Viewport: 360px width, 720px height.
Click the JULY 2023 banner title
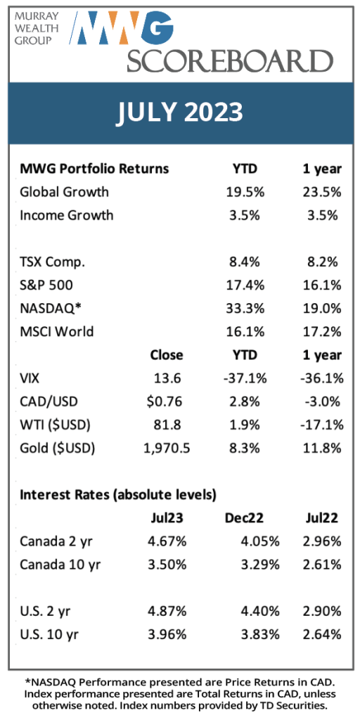[x=179, y=112]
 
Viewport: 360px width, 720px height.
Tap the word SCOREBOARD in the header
[x=231, y=60]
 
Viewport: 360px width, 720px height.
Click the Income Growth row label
[x=67, y=215]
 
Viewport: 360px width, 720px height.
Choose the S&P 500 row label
[x=46, y=285]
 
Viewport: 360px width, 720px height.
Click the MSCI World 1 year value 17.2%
[x=322, y=331]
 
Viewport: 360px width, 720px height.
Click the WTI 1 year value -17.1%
[x=321, y=424]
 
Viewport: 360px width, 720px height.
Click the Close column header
[x=166, y=355]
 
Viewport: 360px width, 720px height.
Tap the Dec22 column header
[x=244, y=518]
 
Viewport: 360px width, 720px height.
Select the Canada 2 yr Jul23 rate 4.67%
[x=167, y=541]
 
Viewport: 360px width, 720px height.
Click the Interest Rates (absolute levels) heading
[x=118, y=494]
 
